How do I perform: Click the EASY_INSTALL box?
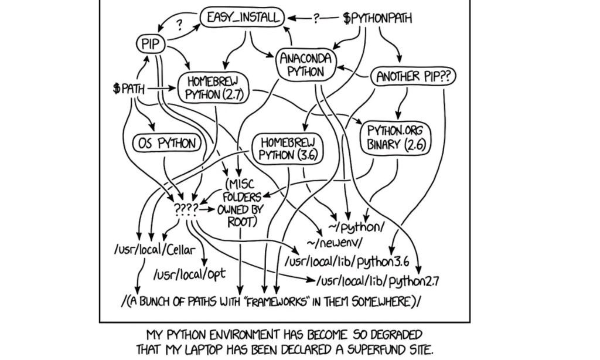240,18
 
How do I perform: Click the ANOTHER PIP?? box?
414,76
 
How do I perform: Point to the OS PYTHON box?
166,142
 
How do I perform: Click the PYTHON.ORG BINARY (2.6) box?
391,138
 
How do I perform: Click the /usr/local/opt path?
189,273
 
